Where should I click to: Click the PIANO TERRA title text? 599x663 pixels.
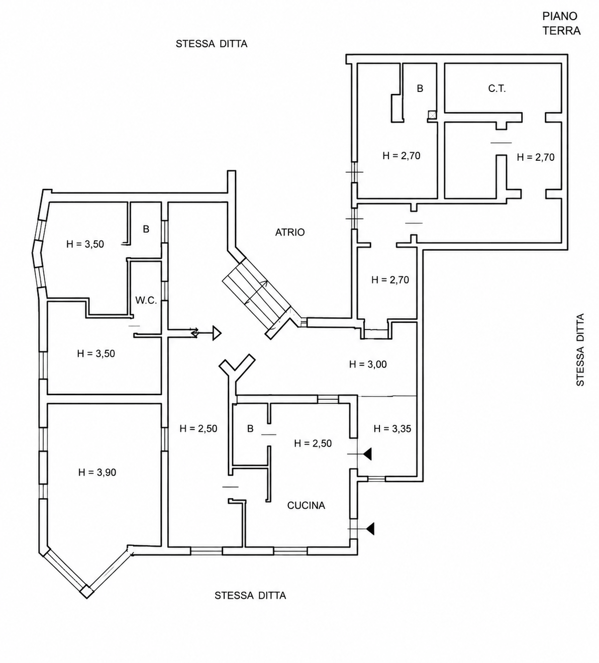562,23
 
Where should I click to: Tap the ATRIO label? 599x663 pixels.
290,232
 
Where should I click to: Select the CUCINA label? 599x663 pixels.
306,505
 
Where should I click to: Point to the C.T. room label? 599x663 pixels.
497,88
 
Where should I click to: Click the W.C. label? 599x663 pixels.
146,301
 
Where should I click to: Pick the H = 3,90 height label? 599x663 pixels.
97,472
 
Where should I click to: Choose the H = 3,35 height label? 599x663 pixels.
392,429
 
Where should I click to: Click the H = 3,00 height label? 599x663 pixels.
368,364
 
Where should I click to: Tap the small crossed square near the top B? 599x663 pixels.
432,115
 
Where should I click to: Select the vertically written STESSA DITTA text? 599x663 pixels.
580,350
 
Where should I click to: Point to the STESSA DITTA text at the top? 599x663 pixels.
212,44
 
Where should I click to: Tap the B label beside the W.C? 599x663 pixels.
146,229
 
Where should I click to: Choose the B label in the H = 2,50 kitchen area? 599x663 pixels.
250,429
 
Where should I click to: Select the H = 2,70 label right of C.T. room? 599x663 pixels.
536,157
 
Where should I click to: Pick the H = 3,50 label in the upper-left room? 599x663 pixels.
85,244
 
